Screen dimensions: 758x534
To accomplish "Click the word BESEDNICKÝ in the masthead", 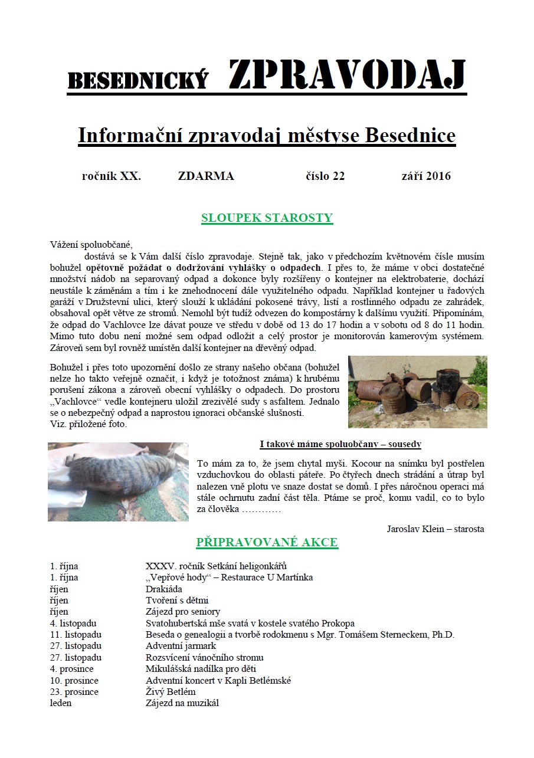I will tap(138, 80).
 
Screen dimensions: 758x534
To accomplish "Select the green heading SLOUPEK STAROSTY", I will tap(267, 218).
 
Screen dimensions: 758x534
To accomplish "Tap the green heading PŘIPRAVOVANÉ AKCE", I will tap(267, 543).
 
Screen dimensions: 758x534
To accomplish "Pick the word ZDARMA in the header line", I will tap(206, 176).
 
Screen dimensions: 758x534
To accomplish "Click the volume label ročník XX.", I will tap(112, 176).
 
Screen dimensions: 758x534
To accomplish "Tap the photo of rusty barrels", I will tap(417, 392).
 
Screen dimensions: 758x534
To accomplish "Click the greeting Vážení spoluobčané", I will tap(92, 244).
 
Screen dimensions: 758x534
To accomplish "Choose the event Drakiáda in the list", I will tap(164, 589).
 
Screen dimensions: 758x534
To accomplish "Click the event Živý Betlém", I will tap(171, 691).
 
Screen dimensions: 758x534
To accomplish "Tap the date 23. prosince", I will tap(74, 691).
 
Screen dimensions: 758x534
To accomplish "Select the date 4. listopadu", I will tap(74, 623).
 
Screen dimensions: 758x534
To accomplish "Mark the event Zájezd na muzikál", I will tap(182, 703).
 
